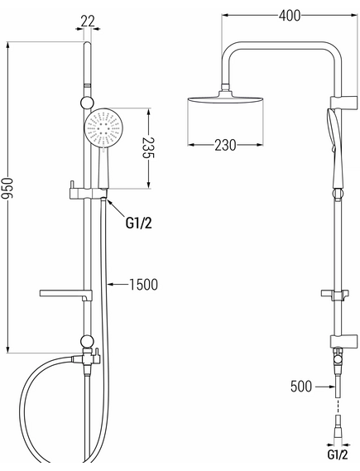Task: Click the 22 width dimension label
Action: click(88, 21)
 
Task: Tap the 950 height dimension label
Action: click(7, 189)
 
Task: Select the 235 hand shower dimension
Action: click(148, 148)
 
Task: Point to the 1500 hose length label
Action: click(143, 285)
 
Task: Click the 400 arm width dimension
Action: click(290, 16)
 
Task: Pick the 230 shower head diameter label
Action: click(225, 145)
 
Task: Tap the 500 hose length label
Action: click(301, 387)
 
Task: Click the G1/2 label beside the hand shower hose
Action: click(139, 223)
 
